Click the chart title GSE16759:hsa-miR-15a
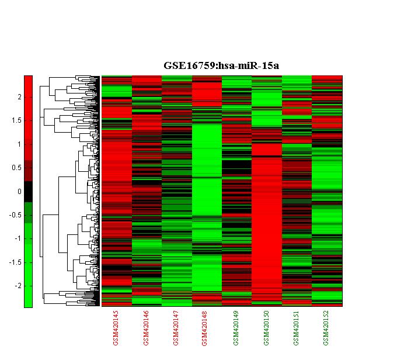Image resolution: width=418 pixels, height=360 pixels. pyautogui.click(x=221, y=65)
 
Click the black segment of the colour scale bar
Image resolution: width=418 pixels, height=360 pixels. pyautogui.click(x=28, y=192)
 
